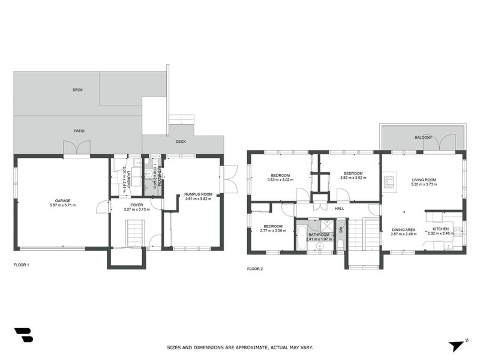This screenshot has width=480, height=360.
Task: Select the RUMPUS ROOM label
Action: (x=198, y=194)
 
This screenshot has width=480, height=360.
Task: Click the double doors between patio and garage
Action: (x=77, y=148)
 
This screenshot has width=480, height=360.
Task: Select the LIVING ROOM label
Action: (x=424, y=179)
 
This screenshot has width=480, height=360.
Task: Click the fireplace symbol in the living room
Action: (x=389, y=181)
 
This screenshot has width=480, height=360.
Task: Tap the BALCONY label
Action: (x=423, y=138)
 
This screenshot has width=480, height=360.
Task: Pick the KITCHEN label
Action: (x=441, y=229)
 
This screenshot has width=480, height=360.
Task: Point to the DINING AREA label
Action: (x=404, y=229)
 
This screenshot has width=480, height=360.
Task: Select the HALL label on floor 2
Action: (x=339, y=208)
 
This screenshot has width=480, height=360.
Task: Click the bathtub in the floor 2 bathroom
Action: (x=301, y=237)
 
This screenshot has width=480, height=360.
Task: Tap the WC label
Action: (x=340, y=229)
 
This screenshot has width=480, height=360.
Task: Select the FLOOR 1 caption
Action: (x=21, y=265)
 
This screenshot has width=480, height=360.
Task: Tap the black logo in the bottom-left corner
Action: (x=24, y=335)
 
